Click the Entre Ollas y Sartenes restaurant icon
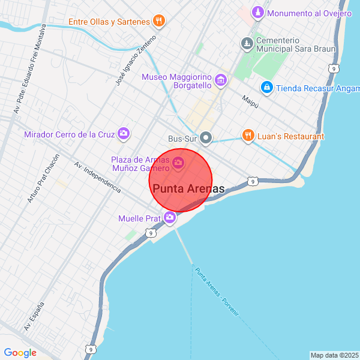point(158,22)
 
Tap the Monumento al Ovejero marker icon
point(257,13)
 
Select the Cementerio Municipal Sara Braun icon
point(247,43)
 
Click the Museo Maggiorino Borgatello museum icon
point(221,80)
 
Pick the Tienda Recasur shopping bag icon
point(267,88)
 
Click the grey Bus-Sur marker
point(206,139)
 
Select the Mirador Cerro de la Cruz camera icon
point(124,134)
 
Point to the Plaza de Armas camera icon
point(178,163)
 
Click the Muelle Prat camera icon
point(170,218)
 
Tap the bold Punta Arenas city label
point(189,189)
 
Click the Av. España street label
point(35,317)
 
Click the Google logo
point(20,353)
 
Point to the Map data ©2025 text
point(334,355)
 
